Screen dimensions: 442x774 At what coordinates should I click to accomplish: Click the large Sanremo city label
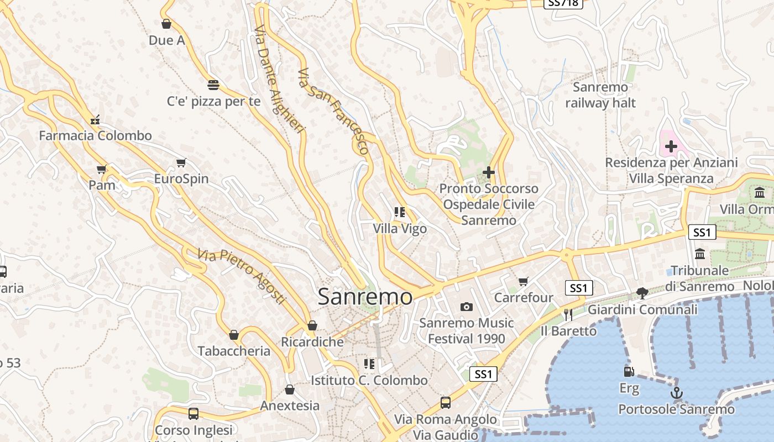click(x=365, y=297)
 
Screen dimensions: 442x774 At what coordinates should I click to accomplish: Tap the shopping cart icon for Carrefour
click(x=524, y=281)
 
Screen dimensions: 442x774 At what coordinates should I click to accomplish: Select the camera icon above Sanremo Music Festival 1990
click(x=467, y=307)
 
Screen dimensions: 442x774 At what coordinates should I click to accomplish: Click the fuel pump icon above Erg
click(x=628, y=372)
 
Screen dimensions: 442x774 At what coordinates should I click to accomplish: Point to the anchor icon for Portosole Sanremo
click(x=676, y=393)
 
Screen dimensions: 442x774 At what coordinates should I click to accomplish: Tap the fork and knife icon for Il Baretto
click(x=568, y=314)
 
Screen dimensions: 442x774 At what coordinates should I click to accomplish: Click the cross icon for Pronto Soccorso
click(x=488, y=172)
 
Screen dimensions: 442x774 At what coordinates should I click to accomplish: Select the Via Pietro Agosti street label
click(x=242, y=277)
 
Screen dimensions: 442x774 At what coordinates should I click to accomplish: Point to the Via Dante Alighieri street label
click(x=280, y=79)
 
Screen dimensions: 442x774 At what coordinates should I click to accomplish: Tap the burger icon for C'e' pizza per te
click(x=213, y=85)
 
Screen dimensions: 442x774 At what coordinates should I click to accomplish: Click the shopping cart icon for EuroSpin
click(x=181, y=162)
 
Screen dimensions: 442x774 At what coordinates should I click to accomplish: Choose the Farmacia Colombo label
click(x=95, y=135)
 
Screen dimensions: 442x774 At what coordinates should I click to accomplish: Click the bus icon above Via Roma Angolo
click(x=445, y=402)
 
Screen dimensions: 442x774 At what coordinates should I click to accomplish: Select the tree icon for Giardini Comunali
click(x=642, y=293)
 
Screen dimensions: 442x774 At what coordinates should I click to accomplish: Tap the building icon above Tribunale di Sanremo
click(x=700, y=254)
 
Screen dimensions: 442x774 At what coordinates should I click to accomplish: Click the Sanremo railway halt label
click(x=600, y=95)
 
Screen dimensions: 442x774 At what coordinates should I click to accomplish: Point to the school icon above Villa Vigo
click(x=400, y=212)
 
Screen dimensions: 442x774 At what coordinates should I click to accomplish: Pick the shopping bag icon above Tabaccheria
click(x=234, y=335)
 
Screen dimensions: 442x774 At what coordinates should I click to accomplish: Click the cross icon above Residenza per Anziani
click(x=671, y=146)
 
